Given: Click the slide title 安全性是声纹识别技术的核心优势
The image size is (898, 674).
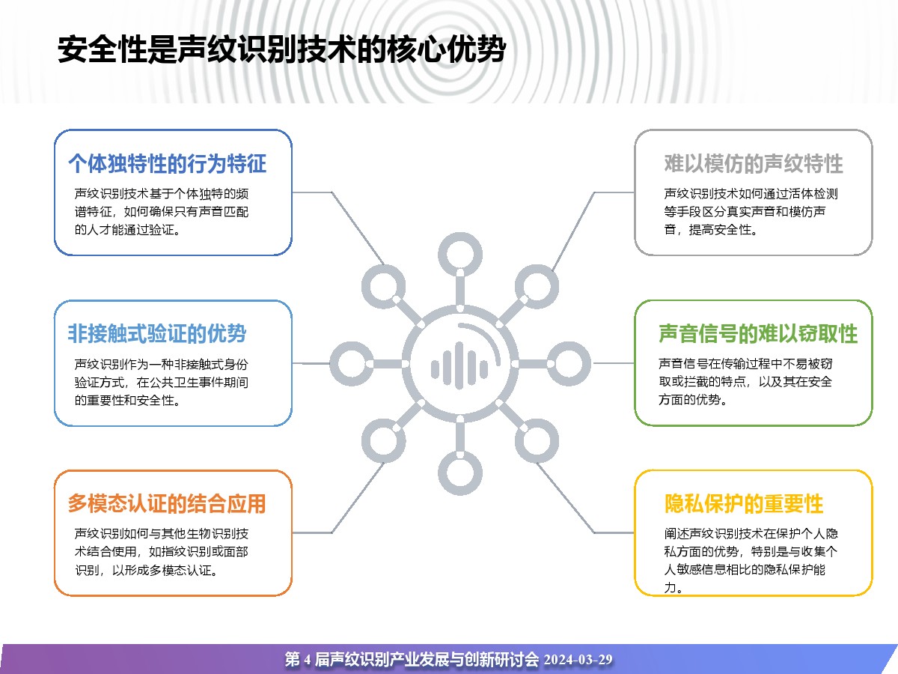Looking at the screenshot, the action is coord(282,49).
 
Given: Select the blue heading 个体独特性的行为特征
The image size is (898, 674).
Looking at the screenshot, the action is coord(168,163).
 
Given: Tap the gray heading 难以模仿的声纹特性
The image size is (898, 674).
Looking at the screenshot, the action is coord(753,163).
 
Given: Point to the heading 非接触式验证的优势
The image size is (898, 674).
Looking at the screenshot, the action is coord(157,333).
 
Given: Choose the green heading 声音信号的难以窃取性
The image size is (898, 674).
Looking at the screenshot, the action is coord(757,333).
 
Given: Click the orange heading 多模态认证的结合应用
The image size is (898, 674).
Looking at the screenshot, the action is coord(167,503).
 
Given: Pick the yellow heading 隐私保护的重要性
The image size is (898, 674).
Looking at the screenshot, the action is coord(743,503).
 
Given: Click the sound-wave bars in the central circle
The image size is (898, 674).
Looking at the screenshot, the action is coord(459,365).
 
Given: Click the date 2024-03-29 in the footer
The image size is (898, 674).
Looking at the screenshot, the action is coord(578,659).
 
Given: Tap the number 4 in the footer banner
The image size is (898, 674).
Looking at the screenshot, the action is coord(308,660).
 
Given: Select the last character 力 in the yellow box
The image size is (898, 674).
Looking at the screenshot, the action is coord(670,588).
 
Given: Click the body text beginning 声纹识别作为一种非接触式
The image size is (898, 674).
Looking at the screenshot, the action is coord(161,382).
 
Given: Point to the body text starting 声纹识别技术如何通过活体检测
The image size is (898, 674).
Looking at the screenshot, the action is coord(751,211).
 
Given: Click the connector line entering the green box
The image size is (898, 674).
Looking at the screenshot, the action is coord(613,363).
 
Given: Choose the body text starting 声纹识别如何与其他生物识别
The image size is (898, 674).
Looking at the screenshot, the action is coord(161,552).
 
